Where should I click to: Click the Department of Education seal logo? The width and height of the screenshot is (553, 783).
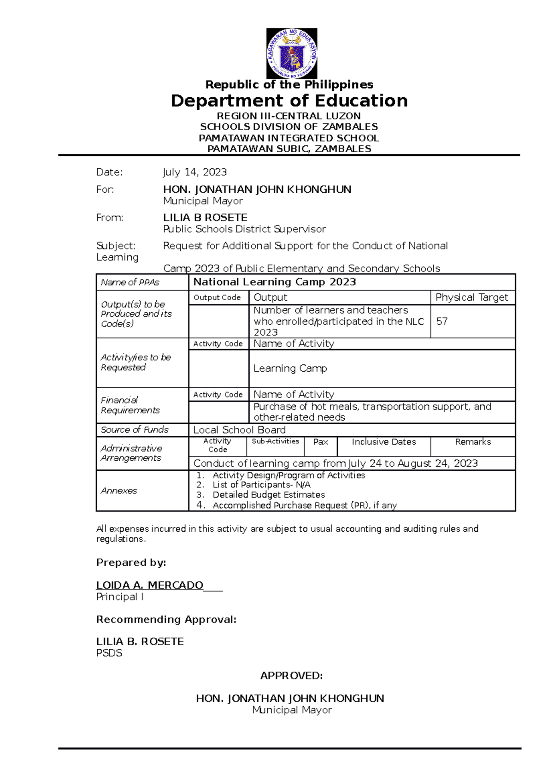click(x=292, y=53)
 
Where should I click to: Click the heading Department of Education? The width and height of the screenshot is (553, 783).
click(x=289, y=101)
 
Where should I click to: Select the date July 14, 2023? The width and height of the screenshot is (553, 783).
click(x=194, y=172)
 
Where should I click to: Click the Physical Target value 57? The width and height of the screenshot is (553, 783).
click(x=442, y=321)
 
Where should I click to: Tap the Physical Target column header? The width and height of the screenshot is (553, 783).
click(x=472, y=297)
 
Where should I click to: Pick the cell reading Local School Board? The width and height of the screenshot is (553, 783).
click(x=239, y=430)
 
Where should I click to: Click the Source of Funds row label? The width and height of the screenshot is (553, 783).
click(x=135, y=430)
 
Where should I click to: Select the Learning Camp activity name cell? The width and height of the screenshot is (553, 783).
click(x=290, y=368)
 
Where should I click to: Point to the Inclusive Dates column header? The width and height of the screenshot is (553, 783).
click(x=384, y=442)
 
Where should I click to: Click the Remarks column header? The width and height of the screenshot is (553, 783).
click(x=473, y=442)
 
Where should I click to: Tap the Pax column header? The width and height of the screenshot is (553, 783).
click(x=321, y=442)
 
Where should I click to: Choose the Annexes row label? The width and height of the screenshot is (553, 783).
click(x=119, y=491)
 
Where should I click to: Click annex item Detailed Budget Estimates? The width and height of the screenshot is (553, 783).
click(x=269, y=495)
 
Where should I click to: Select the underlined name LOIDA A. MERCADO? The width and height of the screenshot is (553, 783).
click(x=150, y=585)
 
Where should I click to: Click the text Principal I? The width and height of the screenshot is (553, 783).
click(x=120, y=597)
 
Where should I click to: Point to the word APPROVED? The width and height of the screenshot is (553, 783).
click(x=291, y=676)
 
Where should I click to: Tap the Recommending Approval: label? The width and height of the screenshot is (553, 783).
click(x=166, y=619)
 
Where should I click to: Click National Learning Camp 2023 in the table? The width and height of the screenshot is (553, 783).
click(x=275, y=282)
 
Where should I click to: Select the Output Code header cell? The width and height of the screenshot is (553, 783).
click(x=217, y=297)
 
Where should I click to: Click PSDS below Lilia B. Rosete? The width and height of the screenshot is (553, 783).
click(x=109, y=653)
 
